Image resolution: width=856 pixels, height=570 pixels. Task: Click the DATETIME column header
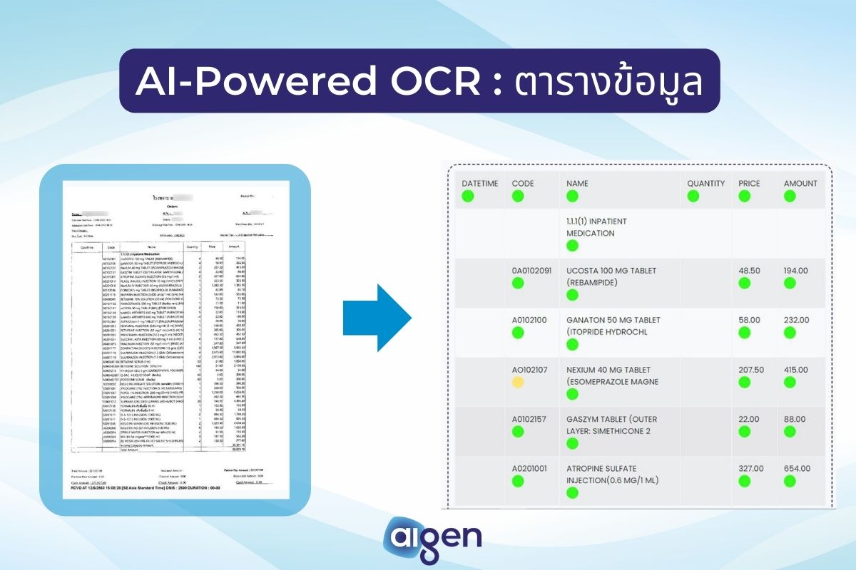coord(479,183)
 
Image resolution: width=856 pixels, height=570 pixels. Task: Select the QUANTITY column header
coord(705,183)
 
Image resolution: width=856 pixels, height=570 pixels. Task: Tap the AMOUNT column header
coord(800,183)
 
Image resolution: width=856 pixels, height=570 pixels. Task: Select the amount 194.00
coord(796,271)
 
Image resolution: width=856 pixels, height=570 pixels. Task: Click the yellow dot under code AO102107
coord(518,383)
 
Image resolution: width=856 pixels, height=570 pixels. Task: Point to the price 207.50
coord(753,370)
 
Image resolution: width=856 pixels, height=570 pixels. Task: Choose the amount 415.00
coord(796,370)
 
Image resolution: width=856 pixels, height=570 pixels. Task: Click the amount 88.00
coord(794,419)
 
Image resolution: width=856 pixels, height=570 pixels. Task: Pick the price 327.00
coord(753,468)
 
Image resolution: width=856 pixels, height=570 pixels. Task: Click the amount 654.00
coord(796,468)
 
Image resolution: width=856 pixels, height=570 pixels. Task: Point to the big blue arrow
coord(377,318)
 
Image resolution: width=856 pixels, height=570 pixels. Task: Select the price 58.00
coord(751,320)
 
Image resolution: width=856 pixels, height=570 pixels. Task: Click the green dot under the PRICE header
coord(745,196)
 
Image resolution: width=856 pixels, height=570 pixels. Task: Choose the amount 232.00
coord(796,320)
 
